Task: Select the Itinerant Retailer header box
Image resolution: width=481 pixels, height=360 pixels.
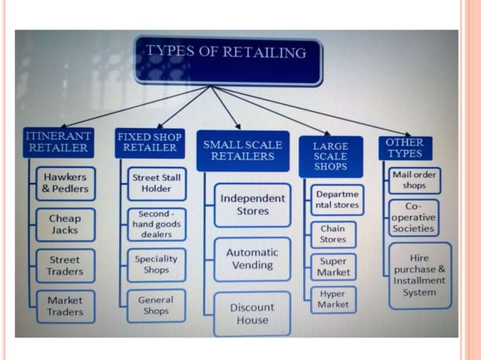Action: click(59, 142)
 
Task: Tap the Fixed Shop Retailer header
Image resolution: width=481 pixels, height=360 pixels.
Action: click(149, 142)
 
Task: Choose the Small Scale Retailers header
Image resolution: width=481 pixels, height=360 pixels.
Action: click(242, 151)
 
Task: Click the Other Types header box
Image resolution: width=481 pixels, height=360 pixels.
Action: click(405, 148)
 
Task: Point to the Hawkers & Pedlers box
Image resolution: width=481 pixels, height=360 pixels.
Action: click(66, 183)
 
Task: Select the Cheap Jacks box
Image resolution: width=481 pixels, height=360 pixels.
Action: click(66, 224)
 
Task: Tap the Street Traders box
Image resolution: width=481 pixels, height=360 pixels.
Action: click(66, 265)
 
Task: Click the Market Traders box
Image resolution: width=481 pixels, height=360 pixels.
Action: click(66, 306)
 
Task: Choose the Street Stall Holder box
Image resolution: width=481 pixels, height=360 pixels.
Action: click(156, 183)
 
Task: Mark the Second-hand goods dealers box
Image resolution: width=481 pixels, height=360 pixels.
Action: click(156, 224)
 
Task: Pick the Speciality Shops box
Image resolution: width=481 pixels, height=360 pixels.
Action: click(156, 264)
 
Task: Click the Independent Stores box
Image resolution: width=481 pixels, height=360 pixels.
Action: click(252, 204)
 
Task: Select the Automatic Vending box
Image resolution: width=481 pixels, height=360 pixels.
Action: click(252, 258)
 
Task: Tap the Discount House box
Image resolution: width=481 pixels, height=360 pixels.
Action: click(252, 313)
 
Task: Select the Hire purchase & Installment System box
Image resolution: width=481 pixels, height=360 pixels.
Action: click(419, 275)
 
